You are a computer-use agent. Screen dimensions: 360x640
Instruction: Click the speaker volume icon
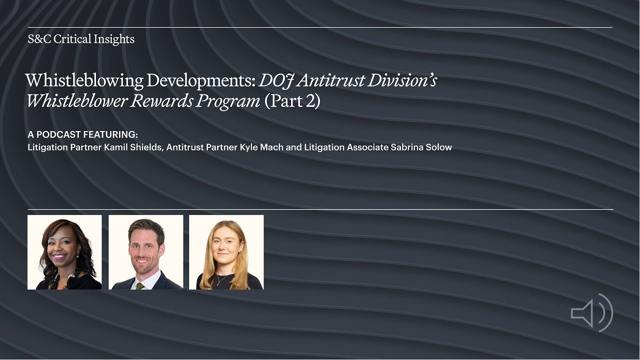pyautogui.click(x=591, y=312)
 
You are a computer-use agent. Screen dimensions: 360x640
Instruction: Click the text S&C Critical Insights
pyautogui.click(x=81, y=39)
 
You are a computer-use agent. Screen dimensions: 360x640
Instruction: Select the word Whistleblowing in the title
pyautogui.click(x=84, y=80)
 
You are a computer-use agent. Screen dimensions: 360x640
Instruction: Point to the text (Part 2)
pyautogui.click(x=292, y=100)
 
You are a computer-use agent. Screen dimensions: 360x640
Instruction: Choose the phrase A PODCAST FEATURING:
pyautogui.click(x=83, y=135)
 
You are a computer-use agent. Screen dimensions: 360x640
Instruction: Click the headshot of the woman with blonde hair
pyautogui.click(x=226, y=252)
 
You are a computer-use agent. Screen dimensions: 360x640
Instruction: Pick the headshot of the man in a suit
pyautogui.click(x=146, y=252)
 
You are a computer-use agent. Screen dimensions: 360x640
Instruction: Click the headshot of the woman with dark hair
pyautogui.click(x=64, y=252)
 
